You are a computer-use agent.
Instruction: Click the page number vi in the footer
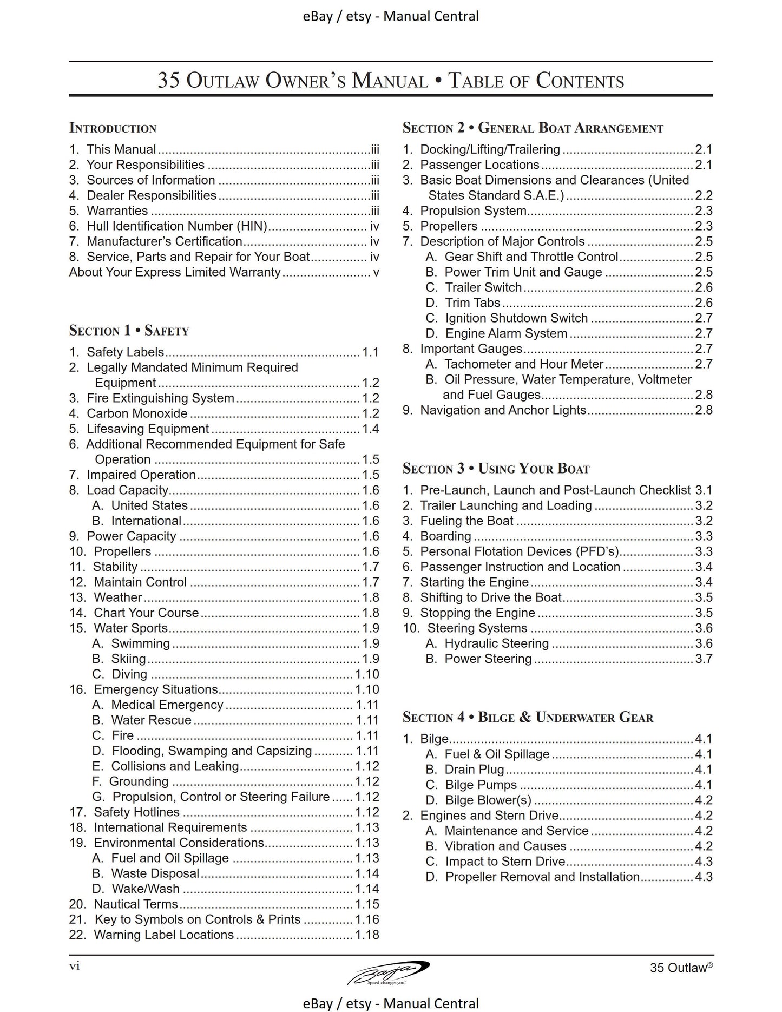(75, 966)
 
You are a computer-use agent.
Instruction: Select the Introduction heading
(113, 128)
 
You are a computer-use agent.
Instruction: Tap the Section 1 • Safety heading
(129, 331)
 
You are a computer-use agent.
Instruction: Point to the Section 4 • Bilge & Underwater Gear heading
(528, 718)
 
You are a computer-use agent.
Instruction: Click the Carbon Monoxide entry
(137, 413)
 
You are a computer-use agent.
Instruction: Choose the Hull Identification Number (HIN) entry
(177, 226)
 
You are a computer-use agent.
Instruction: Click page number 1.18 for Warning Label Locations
(367, 935)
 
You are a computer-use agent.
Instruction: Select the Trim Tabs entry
(472, 303)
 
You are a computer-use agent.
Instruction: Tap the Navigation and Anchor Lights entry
(503, 410)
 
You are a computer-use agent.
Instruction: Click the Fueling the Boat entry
(466, 521)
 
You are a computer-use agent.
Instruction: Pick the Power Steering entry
(488, 659)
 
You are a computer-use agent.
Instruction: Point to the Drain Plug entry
(474, 770)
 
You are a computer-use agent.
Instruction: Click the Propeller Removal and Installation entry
(542, 877)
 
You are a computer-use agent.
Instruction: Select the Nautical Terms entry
(135, 904)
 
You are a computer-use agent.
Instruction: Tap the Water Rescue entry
(151, 720)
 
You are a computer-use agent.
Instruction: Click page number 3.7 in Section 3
(704, 659)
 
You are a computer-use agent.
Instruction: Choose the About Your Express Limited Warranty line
(175, 272)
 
